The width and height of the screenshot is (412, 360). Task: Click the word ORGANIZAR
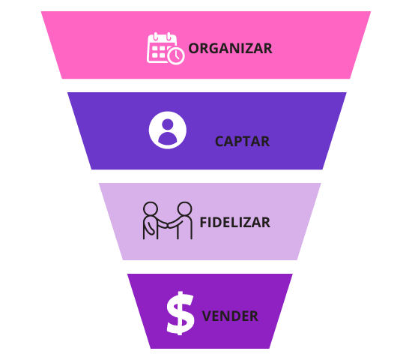[231, 49]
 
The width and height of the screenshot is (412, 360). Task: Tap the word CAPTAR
[242, 142]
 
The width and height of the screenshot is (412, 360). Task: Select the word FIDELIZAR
[235, 222]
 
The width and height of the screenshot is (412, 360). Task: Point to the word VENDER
[230, 316]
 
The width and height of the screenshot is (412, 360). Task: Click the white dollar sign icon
[181, 313]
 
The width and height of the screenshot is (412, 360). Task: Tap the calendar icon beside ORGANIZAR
[166, 48]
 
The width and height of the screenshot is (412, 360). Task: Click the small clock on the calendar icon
[176, 55]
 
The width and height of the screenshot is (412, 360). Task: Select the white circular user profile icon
[168, 130]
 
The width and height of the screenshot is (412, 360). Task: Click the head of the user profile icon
[168, 124]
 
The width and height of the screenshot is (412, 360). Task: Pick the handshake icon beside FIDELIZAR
[168, 220]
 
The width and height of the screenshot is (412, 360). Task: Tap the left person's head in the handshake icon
[151, 209]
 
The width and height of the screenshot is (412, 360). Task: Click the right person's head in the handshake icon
[184, 209]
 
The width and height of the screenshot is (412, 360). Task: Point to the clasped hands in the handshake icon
[168, 226]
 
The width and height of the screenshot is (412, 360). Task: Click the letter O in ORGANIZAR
[195, 49]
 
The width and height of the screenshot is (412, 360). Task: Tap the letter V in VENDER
[207, 316]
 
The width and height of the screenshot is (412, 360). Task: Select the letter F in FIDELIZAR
[204, 222]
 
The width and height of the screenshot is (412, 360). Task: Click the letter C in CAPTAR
[220, 142]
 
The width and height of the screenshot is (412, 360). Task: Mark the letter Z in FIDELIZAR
[247, 222]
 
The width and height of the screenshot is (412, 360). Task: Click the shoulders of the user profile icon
[168, 138]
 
